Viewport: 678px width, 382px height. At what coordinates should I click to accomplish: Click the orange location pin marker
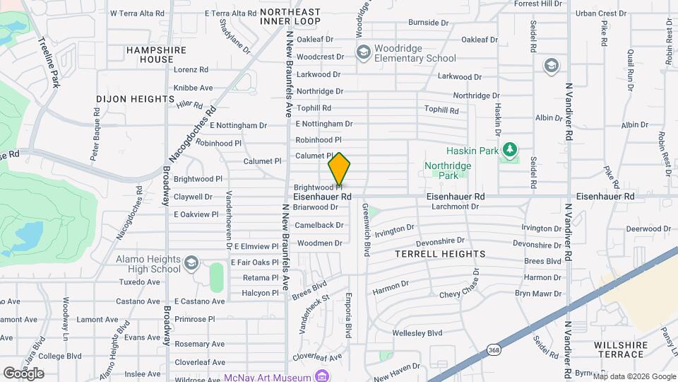click(339, 168)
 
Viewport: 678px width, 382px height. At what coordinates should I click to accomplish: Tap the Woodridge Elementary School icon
click(364, 52)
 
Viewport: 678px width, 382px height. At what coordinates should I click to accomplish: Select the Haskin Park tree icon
click(509, 150)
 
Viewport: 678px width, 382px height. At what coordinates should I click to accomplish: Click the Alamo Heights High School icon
click(191, 264)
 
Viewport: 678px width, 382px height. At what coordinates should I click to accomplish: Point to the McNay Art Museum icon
click(322, 376)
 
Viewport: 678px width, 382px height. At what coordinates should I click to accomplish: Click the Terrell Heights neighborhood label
click(440, 253)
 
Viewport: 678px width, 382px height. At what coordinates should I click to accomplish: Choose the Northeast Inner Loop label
click(290, 16)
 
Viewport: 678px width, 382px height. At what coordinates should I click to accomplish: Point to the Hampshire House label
click(156, 54)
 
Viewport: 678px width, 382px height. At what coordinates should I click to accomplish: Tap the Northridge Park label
click(447, 170)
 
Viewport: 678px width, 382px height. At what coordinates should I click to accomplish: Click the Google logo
click(23, 374)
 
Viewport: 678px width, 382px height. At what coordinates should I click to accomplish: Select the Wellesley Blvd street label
click(417, 333)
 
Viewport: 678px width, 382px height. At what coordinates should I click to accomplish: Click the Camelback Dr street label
click(319, 225)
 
